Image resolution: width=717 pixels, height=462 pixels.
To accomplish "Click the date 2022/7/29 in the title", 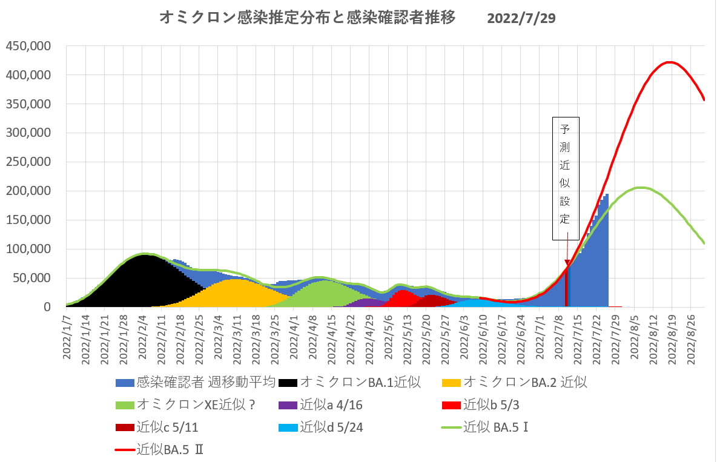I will pyautogui.click(x=521, y=18).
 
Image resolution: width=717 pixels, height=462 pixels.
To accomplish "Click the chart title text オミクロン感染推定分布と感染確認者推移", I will pyautogui.click(x=307, y=18).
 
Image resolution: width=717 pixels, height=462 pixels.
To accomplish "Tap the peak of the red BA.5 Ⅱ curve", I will pyautogui.click(x=669, y=62).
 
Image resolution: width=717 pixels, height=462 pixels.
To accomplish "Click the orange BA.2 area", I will pyautogui.click(x=233, y=291).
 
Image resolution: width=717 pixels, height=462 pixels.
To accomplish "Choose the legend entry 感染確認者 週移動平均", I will pyautogui.click(x=196, y=382).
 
